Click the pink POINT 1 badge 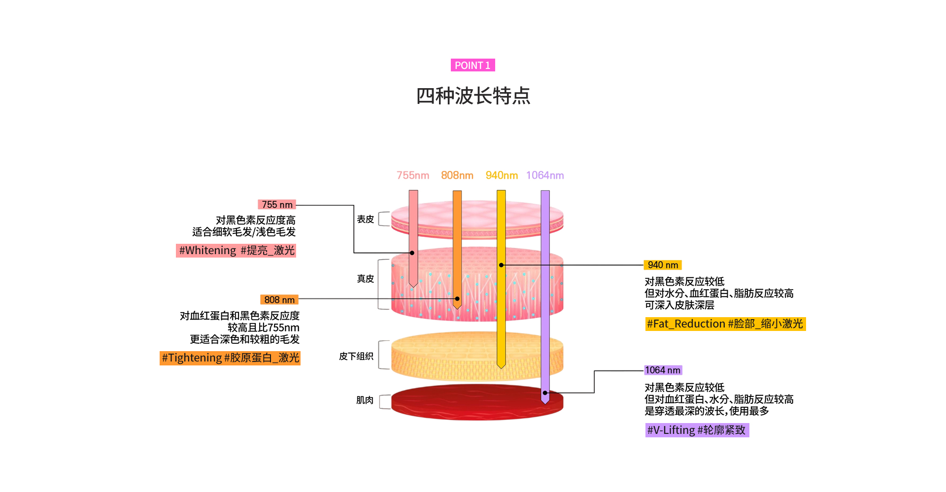[473, 66]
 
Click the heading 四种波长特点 [473, 96]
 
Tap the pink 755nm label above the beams [413, 175]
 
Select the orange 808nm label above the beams [457, 175]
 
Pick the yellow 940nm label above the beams [502, 175]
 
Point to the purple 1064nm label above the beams [545, 175]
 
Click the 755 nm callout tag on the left [277, 204]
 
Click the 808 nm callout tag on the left [279, 299]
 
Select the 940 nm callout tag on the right [663, 265]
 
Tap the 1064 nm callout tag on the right [663, 370]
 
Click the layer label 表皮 [365, 219]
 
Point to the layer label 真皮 [365, 279]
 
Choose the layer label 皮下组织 [356, 356]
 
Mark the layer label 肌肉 [365, 400]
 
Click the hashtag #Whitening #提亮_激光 [236, 250]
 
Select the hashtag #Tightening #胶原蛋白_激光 [230, 358]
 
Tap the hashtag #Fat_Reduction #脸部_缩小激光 [725, 324]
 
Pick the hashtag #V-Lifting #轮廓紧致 [697, 430]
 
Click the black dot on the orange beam [457, 298]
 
